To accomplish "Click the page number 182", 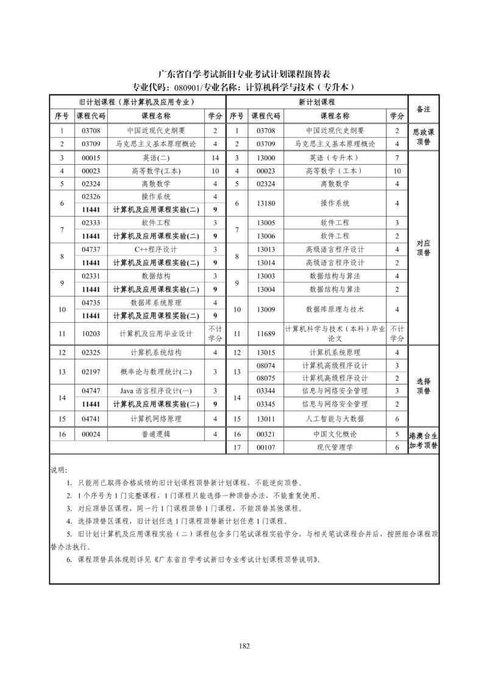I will point(244,646).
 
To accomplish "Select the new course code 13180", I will point(266,203).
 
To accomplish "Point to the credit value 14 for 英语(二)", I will point(215,157).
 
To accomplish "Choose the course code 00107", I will point(266,447).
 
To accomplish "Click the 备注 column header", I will point(423,109).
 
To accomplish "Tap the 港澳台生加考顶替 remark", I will point(423,440).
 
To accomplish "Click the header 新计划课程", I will point(316,102).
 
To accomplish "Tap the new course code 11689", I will point(266,334).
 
